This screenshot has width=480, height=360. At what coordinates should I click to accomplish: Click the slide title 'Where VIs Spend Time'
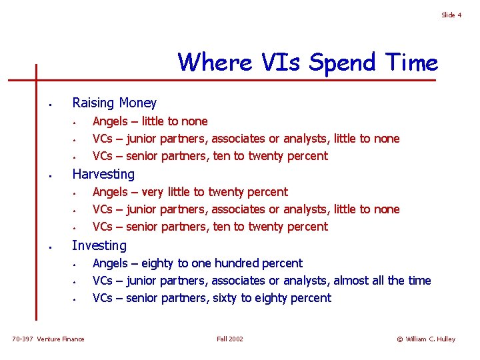click(x=308, y=63)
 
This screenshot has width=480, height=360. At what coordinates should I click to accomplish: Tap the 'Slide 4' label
click(x=451, y=15)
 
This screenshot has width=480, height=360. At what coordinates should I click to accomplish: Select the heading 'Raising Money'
click(x=114, y=103)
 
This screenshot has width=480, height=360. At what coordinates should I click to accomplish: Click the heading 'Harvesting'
click(x=103, y=174)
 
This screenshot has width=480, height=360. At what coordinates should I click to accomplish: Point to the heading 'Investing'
click(x=99, y=245)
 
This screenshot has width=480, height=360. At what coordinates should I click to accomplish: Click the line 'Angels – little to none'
click(x=150, y=121)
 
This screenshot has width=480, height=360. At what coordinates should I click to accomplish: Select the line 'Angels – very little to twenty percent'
click(x=190, y=192)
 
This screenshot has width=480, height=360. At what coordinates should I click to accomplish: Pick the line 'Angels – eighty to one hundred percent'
click(x=197, y=263)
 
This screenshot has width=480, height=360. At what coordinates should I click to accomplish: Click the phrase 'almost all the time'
click(x=382, y=281)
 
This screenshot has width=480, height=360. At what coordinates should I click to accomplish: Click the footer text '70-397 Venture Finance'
click(x=49, y=339)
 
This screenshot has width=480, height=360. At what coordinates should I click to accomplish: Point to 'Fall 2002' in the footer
click(x=230, y=339)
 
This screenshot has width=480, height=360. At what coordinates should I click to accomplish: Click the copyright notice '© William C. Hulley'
click(x=426, y=339)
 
